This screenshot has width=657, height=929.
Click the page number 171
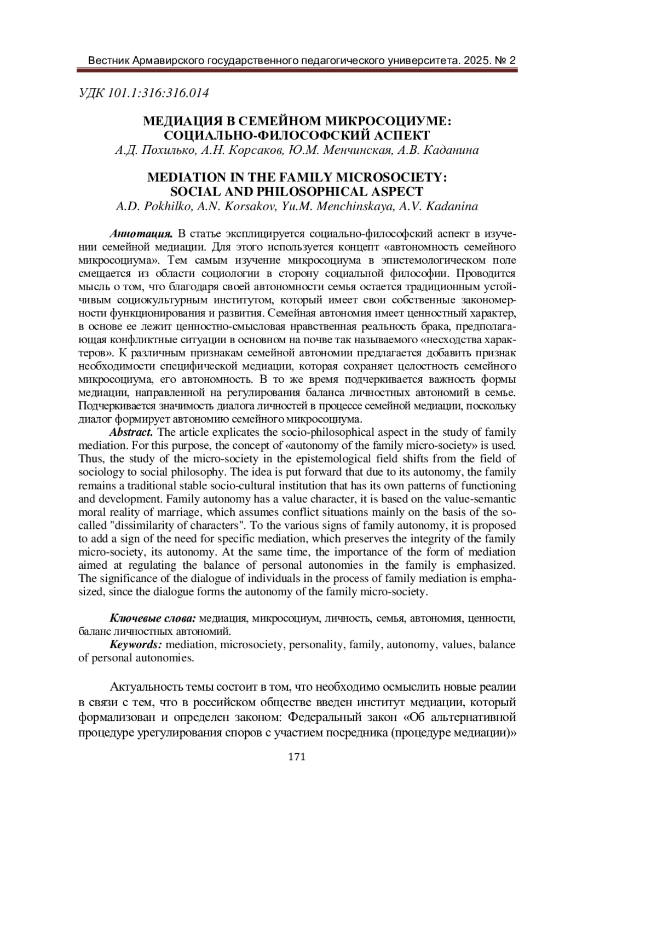point(296,757)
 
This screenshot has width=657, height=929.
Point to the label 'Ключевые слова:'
point(153,618)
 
